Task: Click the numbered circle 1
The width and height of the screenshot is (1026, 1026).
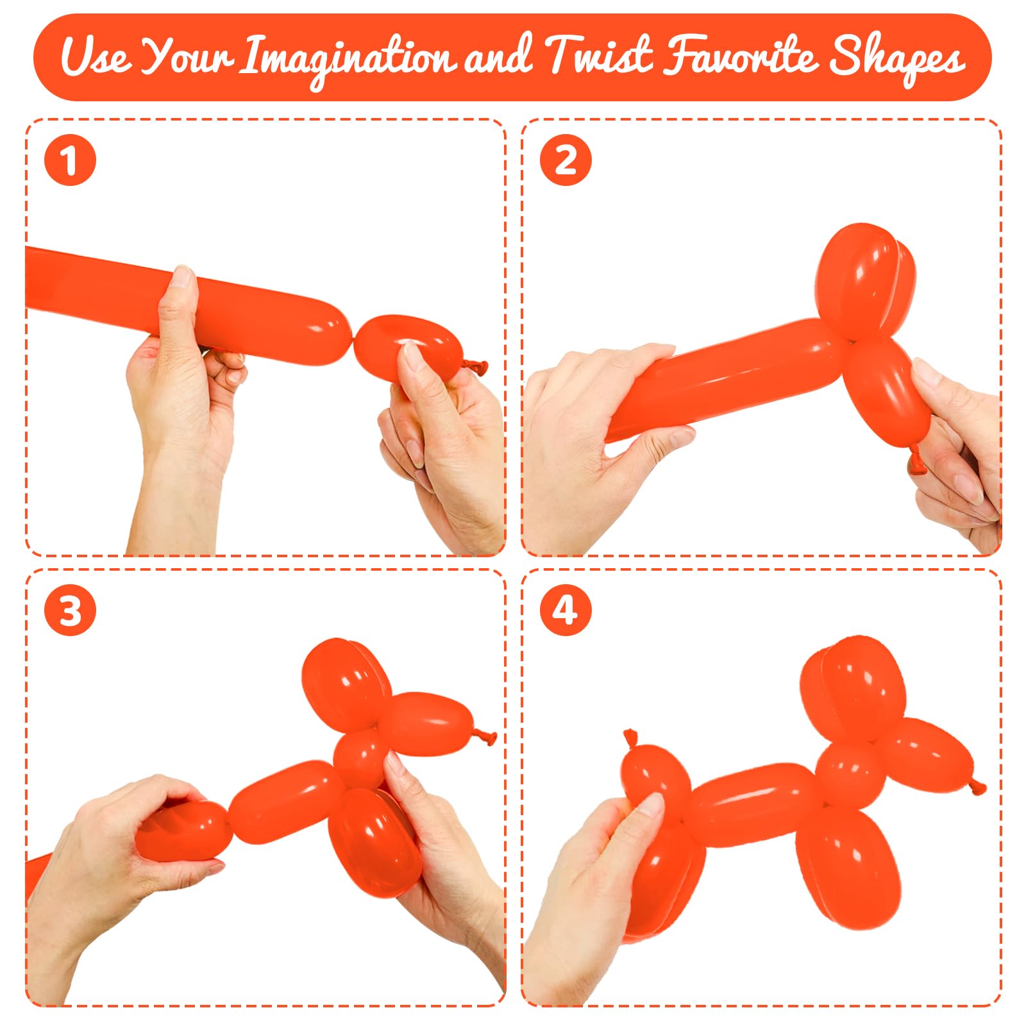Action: coord(70,160)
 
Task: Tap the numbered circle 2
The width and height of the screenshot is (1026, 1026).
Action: coord(565,160)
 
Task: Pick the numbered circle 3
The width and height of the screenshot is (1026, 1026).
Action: coord(70,610)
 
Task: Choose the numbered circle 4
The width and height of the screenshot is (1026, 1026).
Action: coord(565,610)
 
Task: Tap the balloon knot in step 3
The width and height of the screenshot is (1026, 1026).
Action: coord(485,737)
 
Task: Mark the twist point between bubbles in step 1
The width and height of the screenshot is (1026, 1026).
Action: coord(352,347)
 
